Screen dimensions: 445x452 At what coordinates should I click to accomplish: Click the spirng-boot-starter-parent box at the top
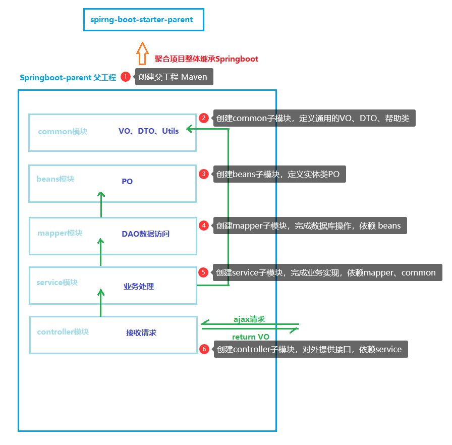click(x=143, y=20)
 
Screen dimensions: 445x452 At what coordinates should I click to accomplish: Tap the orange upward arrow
click(x=142, y=53)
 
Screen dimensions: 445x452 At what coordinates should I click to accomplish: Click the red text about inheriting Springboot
click(x=206, y=59)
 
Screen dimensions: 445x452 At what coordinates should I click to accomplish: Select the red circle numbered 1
click(x=126, y=77)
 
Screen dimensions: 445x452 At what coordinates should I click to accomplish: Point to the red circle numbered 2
click(x=204, y=118)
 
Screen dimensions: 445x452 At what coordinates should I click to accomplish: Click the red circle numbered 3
click(x=204, y=174)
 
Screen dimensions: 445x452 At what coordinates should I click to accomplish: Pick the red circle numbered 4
click(x=204, y=226)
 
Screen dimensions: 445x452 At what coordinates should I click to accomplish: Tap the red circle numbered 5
click(x=203, y=272)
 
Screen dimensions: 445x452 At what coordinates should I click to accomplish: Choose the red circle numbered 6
click(x=204, y=349)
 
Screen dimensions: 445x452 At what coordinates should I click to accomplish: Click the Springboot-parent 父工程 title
click(x=68, y=78)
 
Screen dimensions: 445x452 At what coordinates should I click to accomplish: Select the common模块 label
click(x=63, y=132)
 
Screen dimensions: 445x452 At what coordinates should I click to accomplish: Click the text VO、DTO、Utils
click(x=148, y=131)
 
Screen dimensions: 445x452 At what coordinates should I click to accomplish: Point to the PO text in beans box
click(x=127, y=181)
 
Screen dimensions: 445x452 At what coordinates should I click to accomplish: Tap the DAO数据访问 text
click(x=145, y=234)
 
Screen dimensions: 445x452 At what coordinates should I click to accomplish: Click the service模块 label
click(x=57, y=283)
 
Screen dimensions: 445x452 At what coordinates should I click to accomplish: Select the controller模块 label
click(x=63, y=332)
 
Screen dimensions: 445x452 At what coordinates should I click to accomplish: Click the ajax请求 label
click(x=249, y=319)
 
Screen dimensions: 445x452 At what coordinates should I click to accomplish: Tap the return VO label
click(x=250, y=337)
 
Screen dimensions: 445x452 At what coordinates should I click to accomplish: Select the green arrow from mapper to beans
click(x=101, y=204)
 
